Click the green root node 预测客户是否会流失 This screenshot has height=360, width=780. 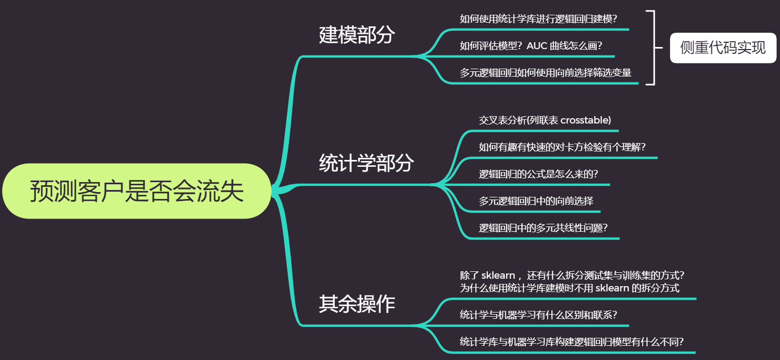[x=136, y=191]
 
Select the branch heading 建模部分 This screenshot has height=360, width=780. [x=356, y=35]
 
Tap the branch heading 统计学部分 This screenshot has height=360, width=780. [x=366, y=163]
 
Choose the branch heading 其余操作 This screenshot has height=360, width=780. [x=356, y=305]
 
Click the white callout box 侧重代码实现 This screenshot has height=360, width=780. [x=722, y=48]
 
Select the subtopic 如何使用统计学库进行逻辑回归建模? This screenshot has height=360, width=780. [x=538, y=19]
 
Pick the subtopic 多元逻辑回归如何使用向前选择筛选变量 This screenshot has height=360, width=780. [x=545, y=73]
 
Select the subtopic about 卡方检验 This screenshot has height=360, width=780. [x=562, y=147]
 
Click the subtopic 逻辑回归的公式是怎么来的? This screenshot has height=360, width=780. [x=538, y=174]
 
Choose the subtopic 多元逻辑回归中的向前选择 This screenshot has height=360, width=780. [x=535, y=201]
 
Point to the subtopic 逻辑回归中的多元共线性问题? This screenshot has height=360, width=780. [x=543, y=228]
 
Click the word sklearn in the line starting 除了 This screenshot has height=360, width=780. [x=500, y=276]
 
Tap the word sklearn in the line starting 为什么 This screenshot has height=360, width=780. [x=612, y=288]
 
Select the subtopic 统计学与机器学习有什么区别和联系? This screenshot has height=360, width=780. [x=538, y=315]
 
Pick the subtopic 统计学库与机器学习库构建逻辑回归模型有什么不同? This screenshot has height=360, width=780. [x=572, y=342]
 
